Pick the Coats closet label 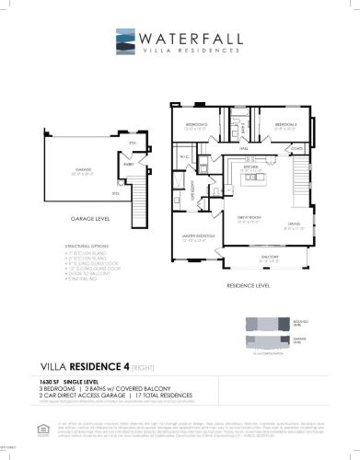[x=296, y=147]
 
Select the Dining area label [x=294, y=224]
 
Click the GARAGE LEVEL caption [x=90, y=220]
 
